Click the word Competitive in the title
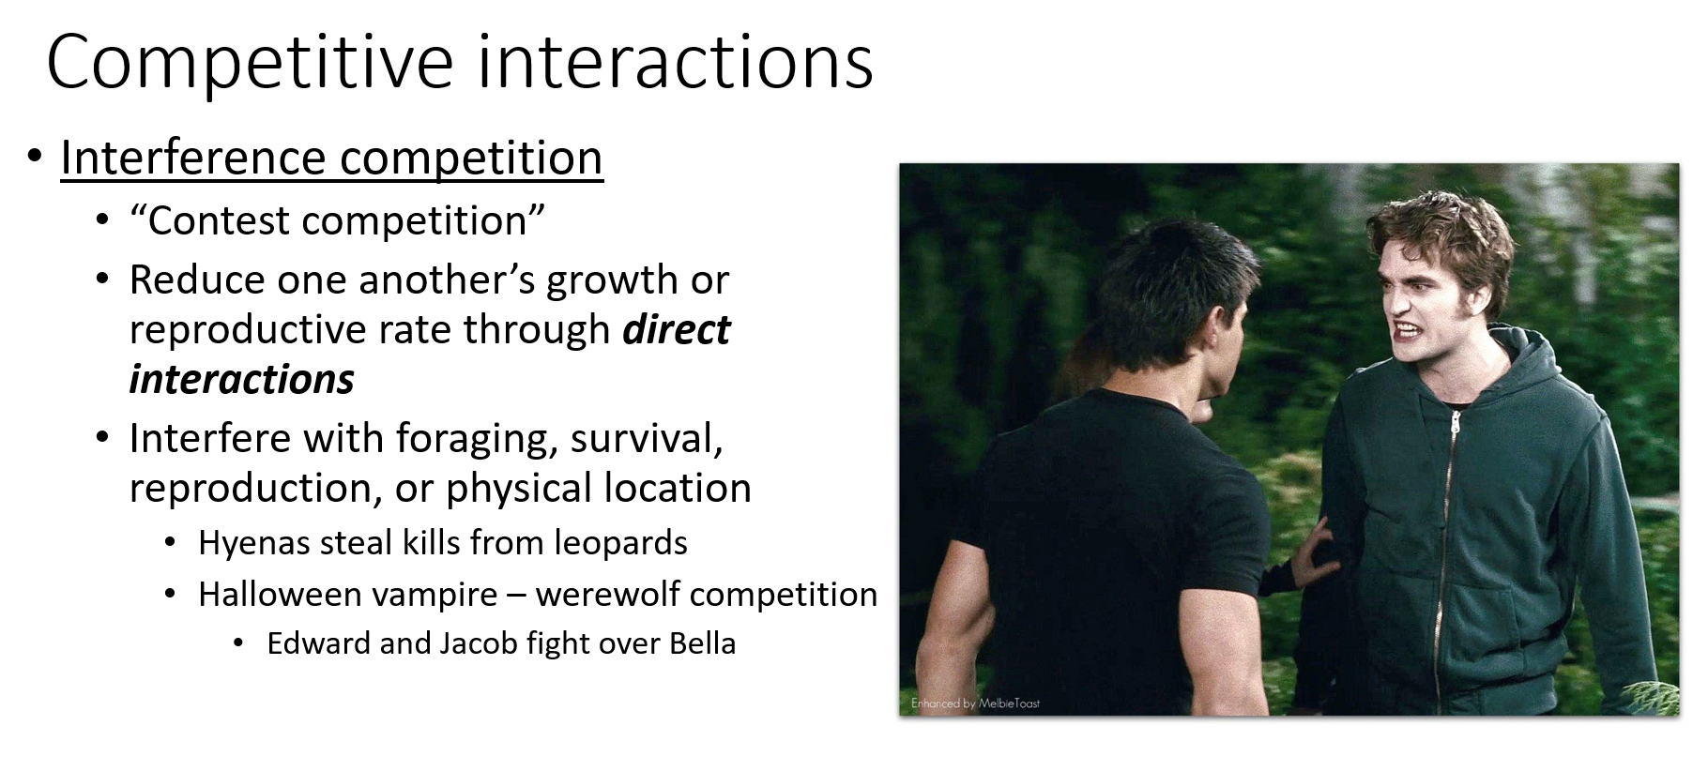pyautogui.click(x=250, y=62)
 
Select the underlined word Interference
pyautogui.click(x=192, y=157)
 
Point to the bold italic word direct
pyautogui.click(x=677, y=329)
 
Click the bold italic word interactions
pyautogui.click(x=242, y=379)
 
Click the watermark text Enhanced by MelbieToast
pyautogui.click(x=975, y=703)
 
